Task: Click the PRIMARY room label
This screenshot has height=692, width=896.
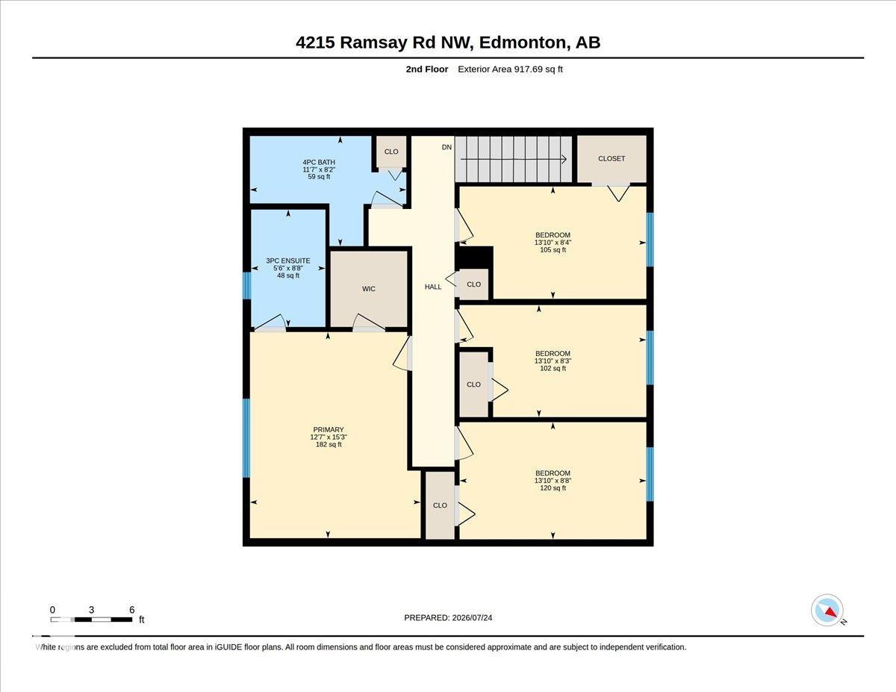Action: [329, 429]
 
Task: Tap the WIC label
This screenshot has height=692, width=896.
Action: [369, 289]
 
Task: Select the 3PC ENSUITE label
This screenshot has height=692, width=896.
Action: [287, 261]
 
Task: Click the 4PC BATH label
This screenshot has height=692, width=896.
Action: [319, 163]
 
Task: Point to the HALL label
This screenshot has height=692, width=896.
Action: [433, 287]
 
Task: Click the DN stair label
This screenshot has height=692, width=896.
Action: [447, 147]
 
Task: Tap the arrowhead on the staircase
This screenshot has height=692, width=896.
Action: [564, 159]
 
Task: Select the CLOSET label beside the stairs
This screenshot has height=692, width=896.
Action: [612, 159]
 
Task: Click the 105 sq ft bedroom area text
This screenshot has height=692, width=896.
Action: [553, 250]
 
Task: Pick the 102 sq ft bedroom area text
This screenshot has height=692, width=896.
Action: [553, 368]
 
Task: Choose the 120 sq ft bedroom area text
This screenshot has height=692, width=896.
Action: [553, 488]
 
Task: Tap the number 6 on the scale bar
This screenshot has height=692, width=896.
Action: [132, 610]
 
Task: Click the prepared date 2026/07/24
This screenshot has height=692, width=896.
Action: [472, 618]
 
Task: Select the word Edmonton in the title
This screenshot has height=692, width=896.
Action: [522, 43]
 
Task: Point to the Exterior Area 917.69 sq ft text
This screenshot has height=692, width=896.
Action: [510, 69]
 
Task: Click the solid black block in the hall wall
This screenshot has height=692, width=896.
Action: [474, 258]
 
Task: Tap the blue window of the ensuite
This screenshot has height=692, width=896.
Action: [246, 285]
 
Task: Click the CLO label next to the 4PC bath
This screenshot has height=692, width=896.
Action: [391, 152]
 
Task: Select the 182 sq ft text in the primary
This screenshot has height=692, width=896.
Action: [329, 444]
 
